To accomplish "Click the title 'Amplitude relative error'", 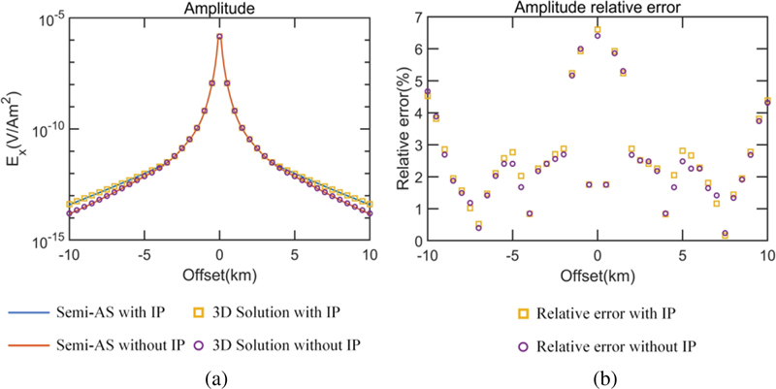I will coord(597,8).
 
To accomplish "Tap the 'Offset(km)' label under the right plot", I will coord(597,274).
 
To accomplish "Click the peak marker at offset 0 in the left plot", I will coord(219,37).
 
